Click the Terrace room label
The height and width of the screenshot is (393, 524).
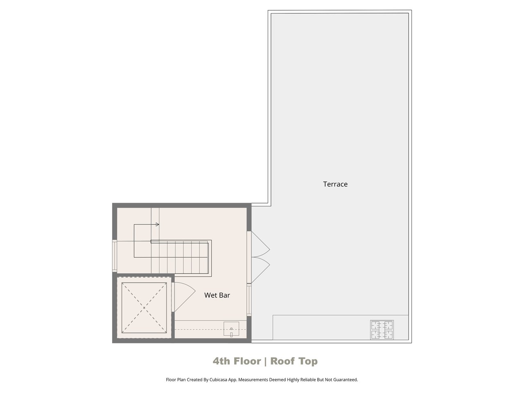click(335, 184)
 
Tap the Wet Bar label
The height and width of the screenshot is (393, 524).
click(217, 295)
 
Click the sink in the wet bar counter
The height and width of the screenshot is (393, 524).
click(231, 329)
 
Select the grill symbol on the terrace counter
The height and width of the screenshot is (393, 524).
click(382, 330)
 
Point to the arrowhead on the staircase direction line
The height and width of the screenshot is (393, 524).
click(157, 224)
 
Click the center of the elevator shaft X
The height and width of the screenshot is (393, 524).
click(144, 308)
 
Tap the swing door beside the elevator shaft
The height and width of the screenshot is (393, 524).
click(184, 297)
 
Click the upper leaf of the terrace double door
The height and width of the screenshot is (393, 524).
click(260, 244)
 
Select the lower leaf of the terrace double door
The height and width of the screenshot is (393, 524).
click(260, 270)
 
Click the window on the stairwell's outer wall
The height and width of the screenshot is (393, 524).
click(115, 255)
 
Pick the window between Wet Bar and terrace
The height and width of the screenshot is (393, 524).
click(249, 300)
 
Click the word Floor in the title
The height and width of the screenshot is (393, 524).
click(247, 361)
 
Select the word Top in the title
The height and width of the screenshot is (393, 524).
click(308, 361)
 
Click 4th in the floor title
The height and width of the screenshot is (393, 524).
click(221, 361)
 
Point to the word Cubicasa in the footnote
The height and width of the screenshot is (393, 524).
click(218, 379)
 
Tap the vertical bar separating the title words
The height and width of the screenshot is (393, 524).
click(265, 361)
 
